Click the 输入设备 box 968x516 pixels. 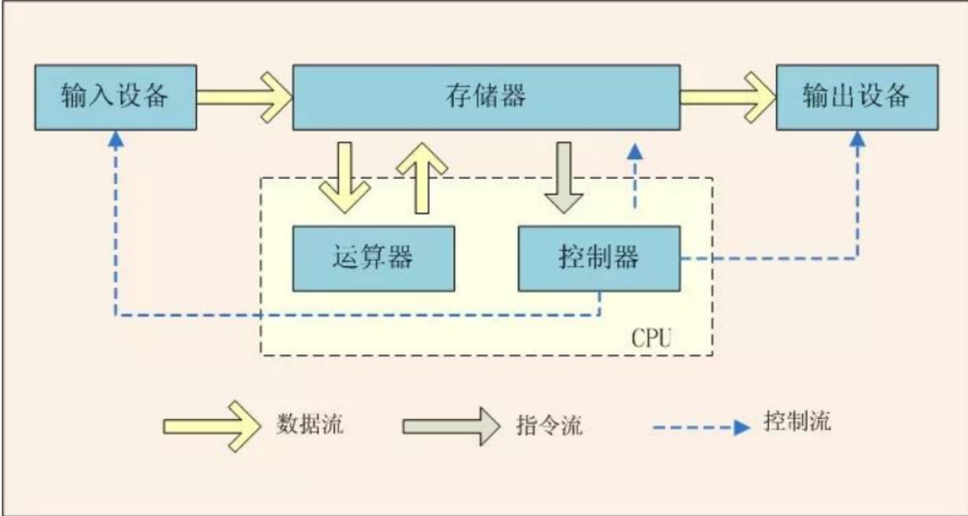coord(115,97)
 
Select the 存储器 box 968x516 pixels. coord(485,97)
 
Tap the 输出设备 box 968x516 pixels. coord(857,97)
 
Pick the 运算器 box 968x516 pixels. coord(373,258)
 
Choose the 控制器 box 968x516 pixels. coord(598,258)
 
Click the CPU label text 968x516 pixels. coord(652,338)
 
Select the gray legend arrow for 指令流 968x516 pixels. coord(450,427)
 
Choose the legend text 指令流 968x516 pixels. coord(549,424)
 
